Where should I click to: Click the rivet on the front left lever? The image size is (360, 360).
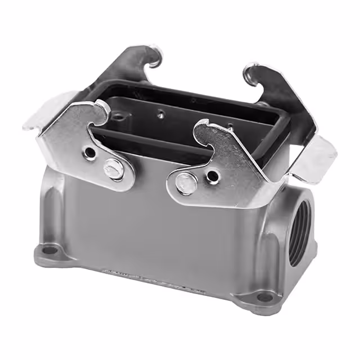113,169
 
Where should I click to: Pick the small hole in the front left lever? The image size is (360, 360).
89,152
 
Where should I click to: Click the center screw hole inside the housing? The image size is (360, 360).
161,115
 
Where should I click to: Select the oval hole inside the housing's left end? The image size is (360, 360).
120,118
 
